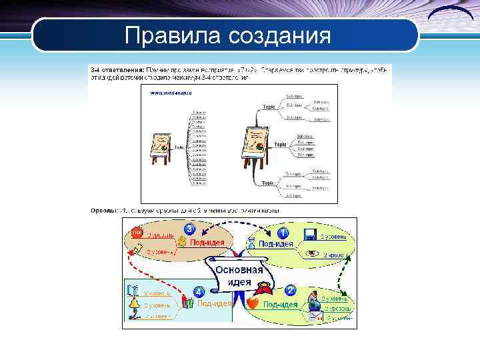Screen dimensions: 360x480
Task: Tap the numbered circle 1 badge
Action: click(x=283, y=233)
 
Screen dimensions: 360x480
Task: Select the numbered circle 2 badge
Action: click(x=290, y=291)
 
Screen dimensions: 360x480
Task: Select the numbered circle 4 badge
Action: click(x=199, y=291)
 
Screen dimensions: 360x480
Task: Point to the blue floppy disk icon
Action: click(x=310, y=235)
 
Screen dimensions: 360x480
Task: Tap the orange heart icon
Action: click(x=253, y=303)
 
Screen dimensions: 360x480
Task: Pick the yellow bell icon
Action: click(x=133, y=305)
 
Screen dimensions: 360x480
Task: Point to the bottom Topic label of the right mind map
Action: click(x=268, y=183)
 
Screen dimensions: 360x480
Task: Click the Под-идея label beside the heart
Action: click(x=280, y=305)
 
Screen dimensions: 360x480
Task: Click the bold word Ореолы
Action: click(x=104, y=211)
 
